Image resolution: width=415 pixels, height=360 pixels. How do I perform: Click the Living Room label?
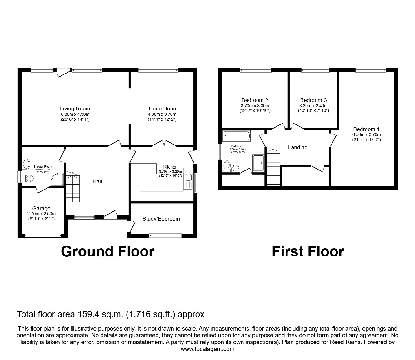75,109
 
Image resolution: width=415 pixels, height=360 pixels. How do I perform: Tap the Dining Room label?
162,109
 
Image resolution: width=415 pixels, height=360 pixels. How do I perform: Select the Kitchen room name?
170,167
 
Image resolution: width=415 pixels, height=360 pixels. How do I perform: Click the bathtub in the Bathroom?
237,136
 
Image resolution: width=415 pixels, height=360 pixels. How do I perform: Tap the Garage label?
41,208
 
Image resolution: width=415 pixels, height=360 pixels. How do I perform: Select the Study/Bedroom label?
161,219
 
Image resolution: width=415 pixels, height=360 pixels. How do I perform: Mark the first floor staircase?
273,167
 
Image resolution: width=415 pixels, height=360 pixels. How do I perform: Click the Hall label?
97,181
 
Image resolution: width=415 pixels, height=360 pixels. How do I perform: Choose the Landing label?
297,147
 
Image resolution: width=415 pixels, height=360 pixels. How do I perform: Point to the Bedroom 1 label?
366,129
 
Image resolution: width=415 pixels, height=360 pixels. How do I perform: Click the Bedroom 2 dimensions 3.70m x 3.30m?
255,106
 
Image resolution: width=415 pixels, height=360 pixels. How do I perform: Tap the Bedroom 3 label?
313,100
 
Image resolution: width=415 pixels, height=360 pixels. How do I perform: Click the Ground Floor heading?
107,251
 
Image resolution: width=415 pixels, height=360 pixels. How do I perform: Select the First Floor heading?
308,251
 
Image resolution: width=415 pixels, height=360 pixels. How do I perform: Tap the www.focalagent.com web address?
207,349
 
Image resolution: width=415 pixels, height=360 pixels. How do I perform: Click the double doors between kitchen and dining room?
164,144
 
